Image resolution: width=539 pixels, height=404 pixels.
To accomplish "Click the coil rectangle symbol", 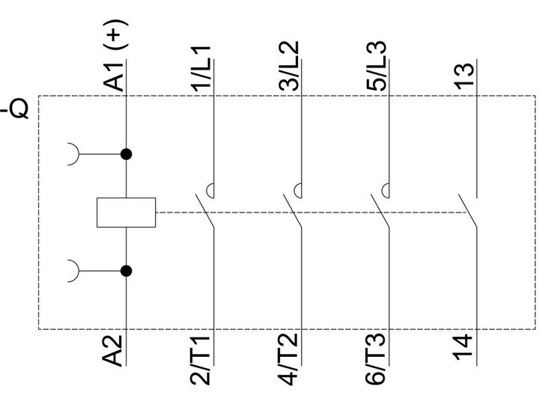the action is pyautogui.click(x=127, y=212).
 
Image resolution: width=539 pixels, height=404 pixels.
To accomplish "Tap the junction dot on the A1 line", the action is pyautogui.click(x=127, y=154).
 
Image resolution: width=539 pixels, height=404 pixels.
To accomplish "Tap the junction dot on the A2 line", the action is pyautogui.click(x=127, y=271).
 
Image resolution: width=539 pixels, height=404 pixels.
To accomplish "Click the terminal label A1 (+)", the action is pyautogui.click(x=115, y=55).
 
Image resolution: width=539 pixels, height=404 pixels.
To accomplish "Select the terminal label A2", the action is pyautogui.click(x=112, y=350).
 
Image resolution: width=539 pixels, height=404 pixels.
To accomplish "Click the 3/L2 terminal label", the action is pyautogui.click(x=289, y=66).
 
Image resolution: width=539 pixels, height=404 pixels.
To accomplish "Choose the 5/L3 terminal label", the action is pyautogui.click(x=377, y=66).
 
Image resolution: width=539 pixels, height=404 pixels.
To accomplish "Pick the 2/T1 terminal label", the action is pyautogui.click(x=200, y=361).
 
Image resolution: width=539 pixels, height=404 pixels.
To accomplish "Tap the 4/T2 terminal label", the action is pyautogui.click(x=287, y=359).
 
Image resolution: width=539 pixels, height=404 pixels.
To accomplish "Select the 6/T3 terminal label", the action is pyautogui.click(x=375, y=359).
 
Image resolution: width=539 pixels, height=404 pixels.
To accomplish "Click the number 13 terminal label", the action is pyautogui.click(x=464, y=76).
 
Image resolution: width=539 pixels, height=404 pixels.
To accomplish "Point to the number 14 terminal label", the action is pyautogui.click(x=463, y=347).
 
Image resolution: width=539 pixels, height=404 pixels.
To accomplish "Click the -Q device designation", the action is pyautogui.click(x=14, y=109).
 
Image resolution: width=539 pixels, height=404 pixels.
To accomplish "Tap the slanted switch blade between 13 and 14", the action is pyautogui.click(x=468, y=211).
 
